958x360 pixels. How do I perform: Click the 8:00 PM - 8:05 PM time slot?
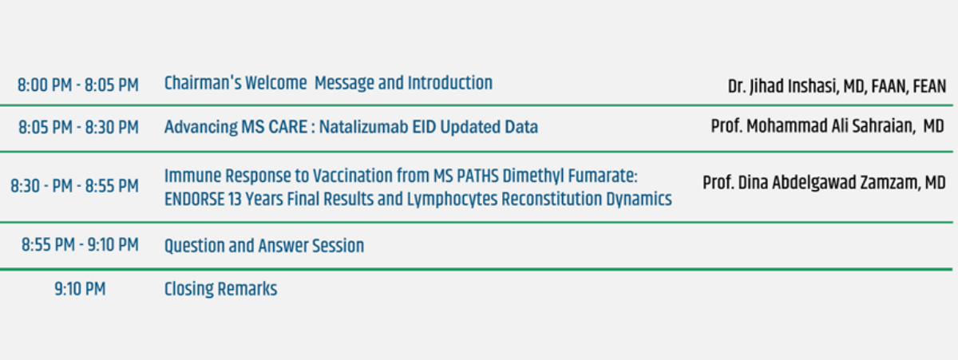click(78, 85)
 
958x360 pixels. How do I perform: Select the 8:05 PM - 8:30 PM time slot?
click(78, 128)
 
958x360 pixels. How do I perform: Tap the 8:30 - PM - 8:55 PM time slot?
click(75, 186)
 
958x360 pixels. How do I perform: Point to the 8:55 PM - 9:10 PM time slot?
click(80, 245)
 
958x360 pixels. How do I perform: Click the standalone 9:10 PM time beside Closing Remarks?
click(80, 289)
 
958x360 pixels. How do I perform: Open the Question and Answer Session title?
click(264, 247)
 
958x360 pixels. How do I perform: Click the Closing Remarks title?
click(220, 290)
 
